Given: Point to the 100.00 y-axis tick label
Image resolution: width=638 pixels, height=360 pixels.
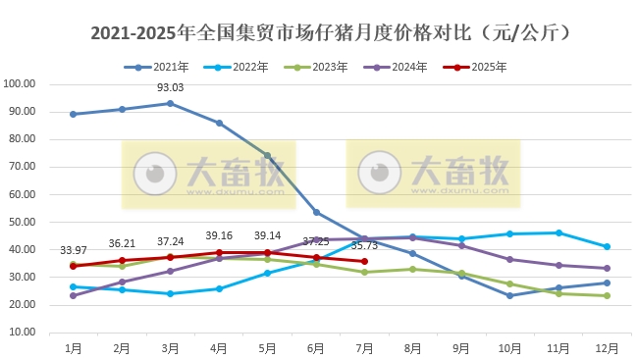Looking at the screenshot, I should (x=20, y=83).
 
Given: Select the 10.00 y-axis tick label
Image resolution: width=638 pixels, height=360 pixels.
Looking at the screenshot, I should (x=22, y=333).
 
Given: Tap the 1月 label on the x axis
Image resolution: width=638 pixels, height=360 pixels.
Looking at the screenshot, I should (x=73, y=347).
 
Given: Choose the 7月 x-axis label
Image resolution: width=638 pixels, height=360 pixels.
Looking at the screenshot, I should (x=364, y=347).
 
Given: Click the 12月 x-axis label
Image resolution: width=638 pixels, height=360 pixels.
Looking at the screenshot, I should (x=607, y=347).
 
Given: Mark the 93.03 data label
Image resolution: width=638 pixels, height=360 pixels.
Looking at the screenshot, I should (x=171, y=88).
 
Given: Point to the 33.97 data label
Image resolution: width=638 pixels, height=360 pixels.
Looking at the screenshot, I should (x=73, y=249).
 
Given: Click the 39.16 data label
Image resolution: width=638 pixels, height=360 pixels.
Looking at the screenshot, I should (x=219, y=235).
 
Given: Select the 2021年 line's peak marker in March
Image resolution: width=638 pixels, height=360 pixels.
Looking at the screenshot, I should (x=170, y=103).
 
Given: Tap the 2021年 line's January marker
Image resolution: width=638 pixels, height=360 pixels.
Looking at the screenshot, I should (x=73, y=114).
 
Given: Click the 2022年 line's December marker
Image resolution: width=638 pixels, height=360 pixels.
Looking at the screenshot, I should (x=607, y=246).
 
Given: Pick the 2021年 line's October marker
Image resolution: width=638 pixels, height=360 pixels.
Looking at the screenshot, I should (x=509, y=295).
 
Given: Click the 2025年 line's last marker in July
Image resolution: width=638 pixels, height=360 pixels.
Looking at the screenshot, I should (x=364, y=261).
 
